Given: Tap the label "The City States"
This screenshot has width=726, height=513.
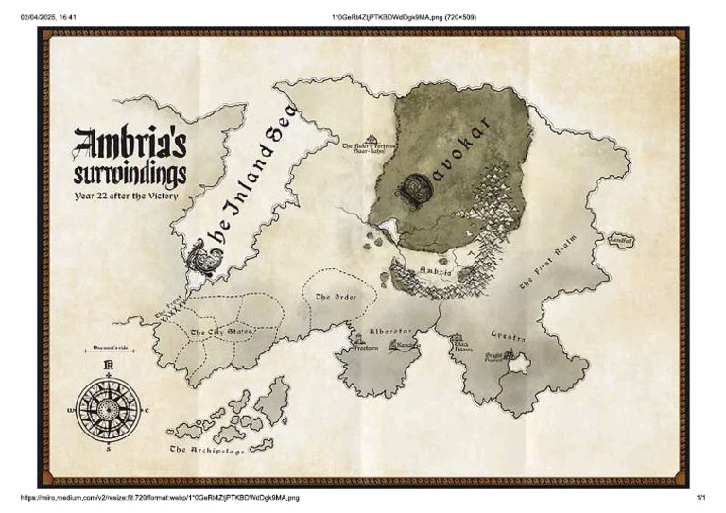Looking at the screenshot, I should tap(222, 333).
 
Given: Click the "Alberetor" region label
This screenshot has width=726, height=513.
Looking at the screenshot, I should tap(390, 332).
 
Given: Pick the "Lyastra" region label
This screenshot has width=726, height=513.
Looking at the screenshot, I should tap(509, 336).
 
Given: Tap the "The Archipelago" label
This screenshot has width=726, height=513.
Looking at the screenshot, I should tap(207, 451).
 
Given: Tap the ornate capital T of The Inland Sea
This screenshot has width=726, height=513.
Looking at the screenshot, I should tap(203, 255).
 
